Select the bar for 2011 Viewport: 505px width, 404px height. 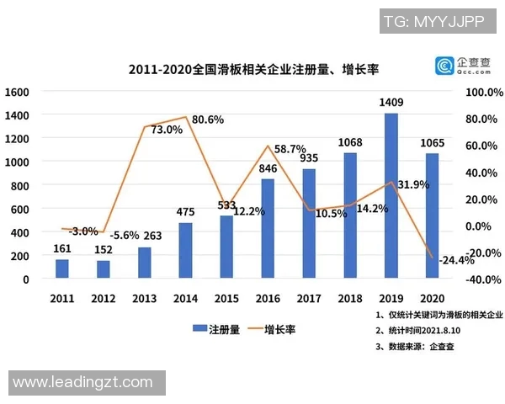[x=62, y=268]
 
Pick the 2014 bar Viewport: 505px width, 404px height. [x=184, y=250]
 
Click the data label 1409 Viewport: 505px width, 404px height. [x=392, y=104]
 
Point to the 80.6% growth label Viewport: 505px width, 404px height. [x=208, y=120]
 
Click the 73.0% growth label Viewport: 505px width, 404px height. [x=167, y=130]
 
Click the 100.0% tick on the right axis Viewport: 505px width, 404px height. [x=482, y=91]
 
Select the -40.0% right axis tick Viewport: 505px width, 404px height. [x=482, y=279]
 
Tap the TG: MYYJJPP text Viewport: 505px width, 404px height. [x=434, y=22]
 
